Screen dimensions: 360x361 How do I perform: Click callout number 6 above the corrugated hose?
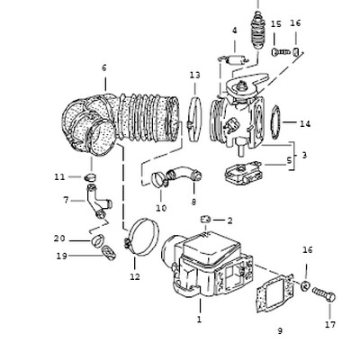pyautogui.click(x=104, y=68)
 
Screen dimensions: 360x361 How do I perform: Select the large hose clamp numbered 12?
pyautogui.click(x=141, y=238)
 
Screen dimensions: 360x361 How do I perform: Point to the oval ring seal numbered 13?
pyautogui.click(x=195, y=118)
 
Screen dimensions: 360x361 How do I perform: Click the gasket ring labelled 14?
pyautogui.click(x=275, y=122)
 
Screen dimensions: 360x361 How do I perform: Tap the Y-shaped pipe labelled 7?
pyautogui.click(x=98, y=202)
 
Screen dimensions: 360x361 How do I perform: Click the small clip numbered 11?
pyautogui.click(x=90, y=177)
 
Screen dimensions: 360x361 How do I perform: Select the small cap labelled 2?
pyautogui.click(x=205, y=220)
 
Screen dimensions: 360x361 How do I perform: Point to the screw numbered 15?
pyautogui.click(x=281, y=52)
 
